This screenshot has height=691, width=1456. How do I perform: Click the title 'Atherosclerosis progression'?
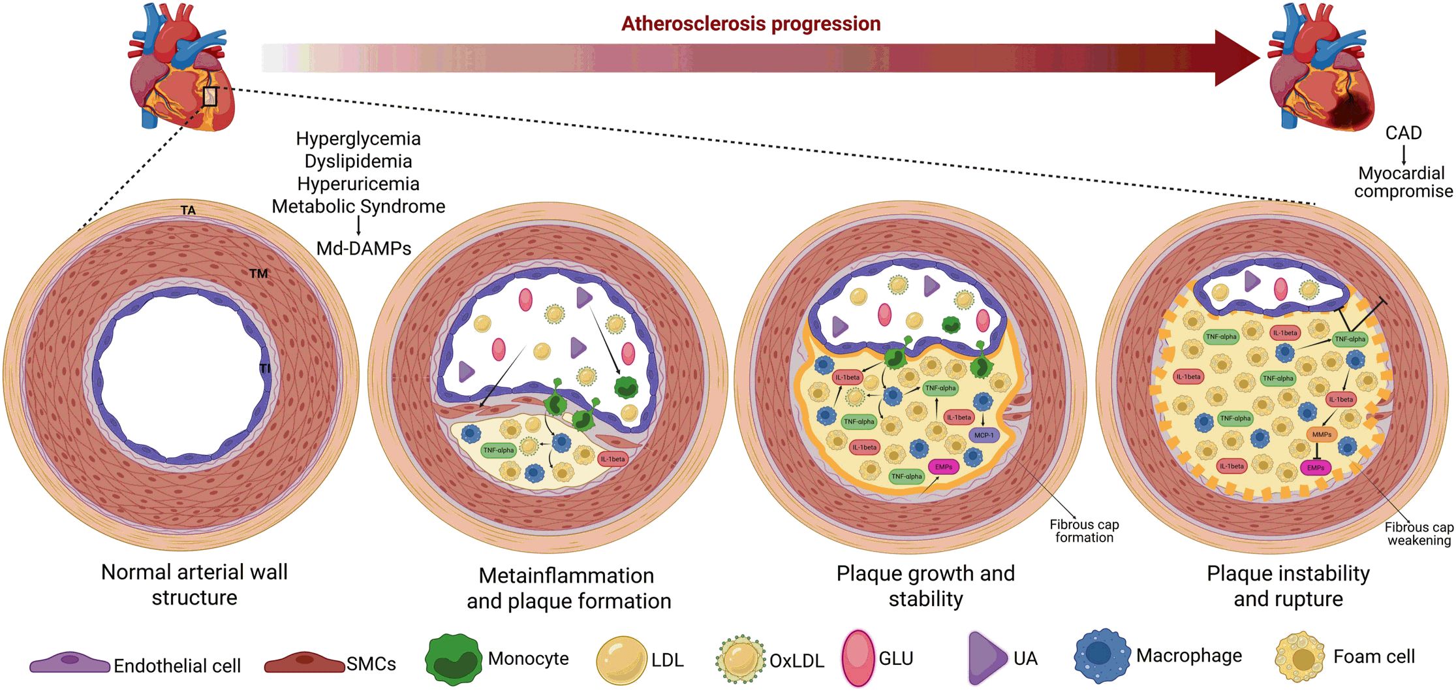751,24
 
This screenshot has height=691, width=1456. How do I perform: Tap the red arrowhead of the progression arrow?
1235,58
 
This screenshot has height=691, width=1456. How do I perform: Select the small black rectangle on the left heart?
209,96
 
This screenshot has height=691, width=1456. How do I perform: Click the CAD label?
1403,133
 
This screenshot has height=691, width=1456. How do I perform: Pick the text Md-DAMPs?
364,248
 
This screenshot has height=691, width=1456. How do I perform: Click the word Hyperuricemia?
358,184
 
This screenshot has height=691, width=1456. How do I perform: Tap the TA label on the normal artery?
188,210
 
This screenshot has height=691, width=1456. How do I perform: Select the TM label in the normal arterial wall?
258,274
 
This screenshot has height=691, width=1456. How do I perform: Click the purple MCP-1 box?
984,435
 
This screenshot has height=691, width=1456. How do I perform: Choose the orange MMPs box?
1322,434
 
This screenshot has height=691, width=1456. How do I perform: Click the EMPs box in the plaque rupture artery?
1316,468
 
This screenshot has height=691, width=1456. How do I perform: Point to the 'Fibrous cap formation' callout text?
1084,531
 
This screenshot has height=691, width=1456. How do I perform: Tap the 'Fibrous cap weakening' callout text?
1419,534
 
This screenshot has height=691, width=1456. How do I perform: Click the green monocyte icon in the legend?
454,660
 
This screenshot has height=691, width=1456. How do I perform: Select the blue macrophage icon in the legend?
1102,656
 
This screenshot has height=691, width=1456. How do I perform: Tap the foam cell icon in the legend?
1299,657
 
